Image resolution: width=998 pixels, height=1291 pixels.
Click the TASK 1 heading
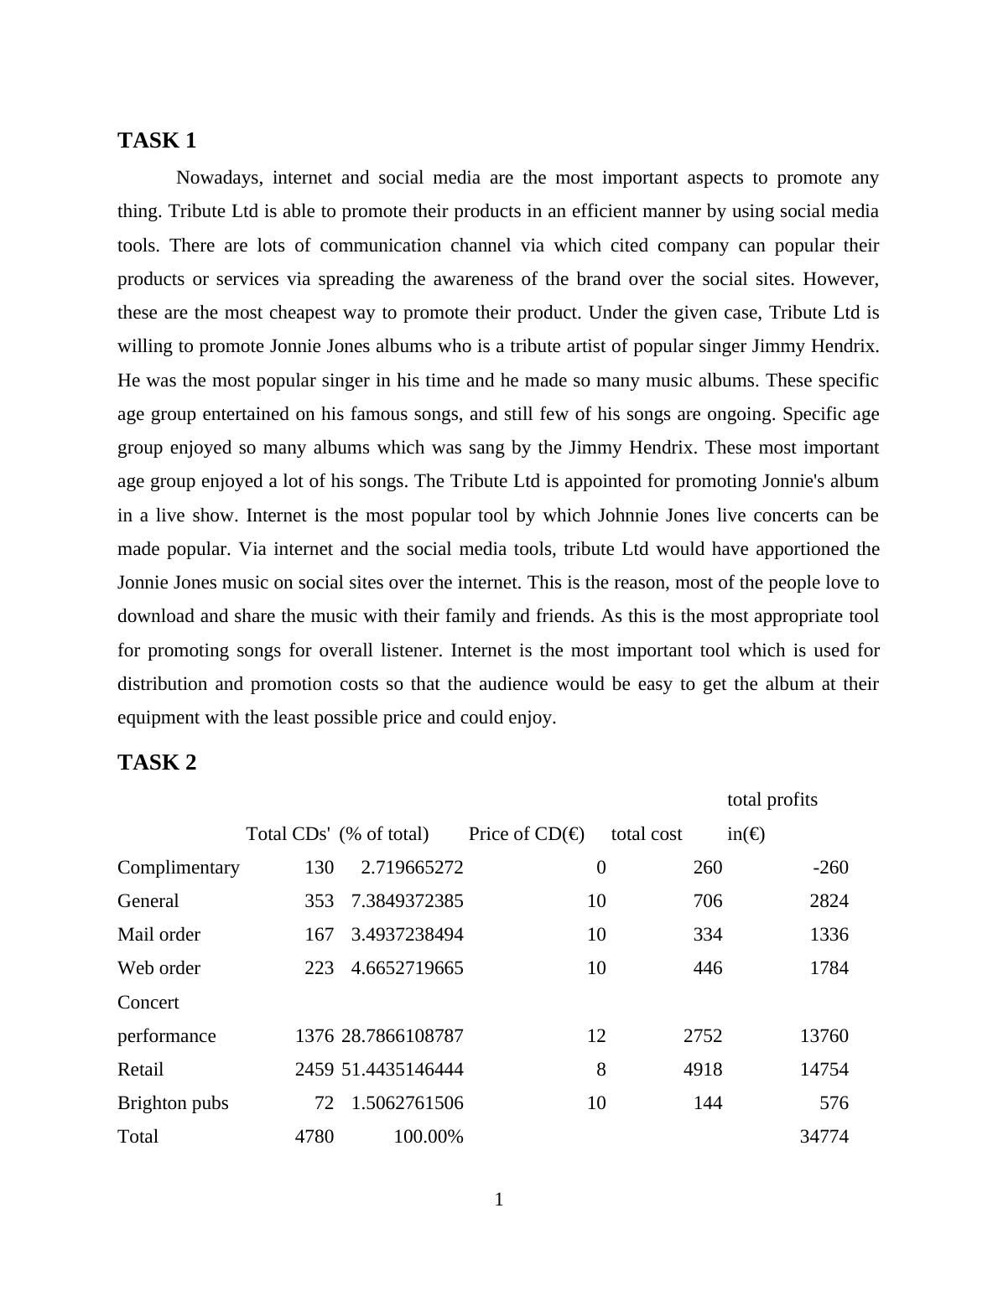click(157, 141)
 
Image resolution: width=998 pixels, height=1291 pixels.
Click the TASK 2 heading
click(157, 763)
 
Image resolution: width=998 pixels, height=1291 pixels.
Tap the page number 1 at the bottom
click(499, 1200)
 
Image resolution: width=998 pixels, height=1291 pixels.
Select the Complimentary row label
click(178, 868)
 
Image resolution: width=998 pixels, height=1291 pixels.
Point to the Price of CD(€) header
click(526, 834)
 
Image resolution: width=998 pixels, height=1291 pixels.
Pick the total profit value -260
click(830, 868)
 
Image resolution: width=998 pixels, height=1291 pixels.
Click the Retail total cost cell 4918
click(703, 1070)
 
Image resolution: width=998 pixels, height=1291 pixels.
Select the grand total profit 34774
click(824, 1137)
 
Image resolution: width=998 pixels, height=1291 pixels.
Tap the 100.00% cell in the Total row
click(428, 1137)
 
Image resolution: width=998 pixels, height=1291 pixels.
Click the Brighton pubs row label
click(173, 1103)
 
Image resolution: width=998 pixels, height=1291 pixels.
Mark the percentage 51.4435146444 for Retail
click(402, 1070)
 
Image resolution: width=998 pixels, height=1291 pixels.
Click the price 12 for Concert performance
click(596, 1036)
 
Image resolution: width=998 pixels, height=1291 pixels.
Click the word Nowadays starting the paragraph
click(220, 178)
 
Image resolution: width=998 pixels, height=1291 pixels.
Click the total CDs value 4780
click(314, 1137)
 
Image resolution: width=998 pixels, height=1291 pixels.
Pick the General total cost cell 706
click(708, 901)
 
